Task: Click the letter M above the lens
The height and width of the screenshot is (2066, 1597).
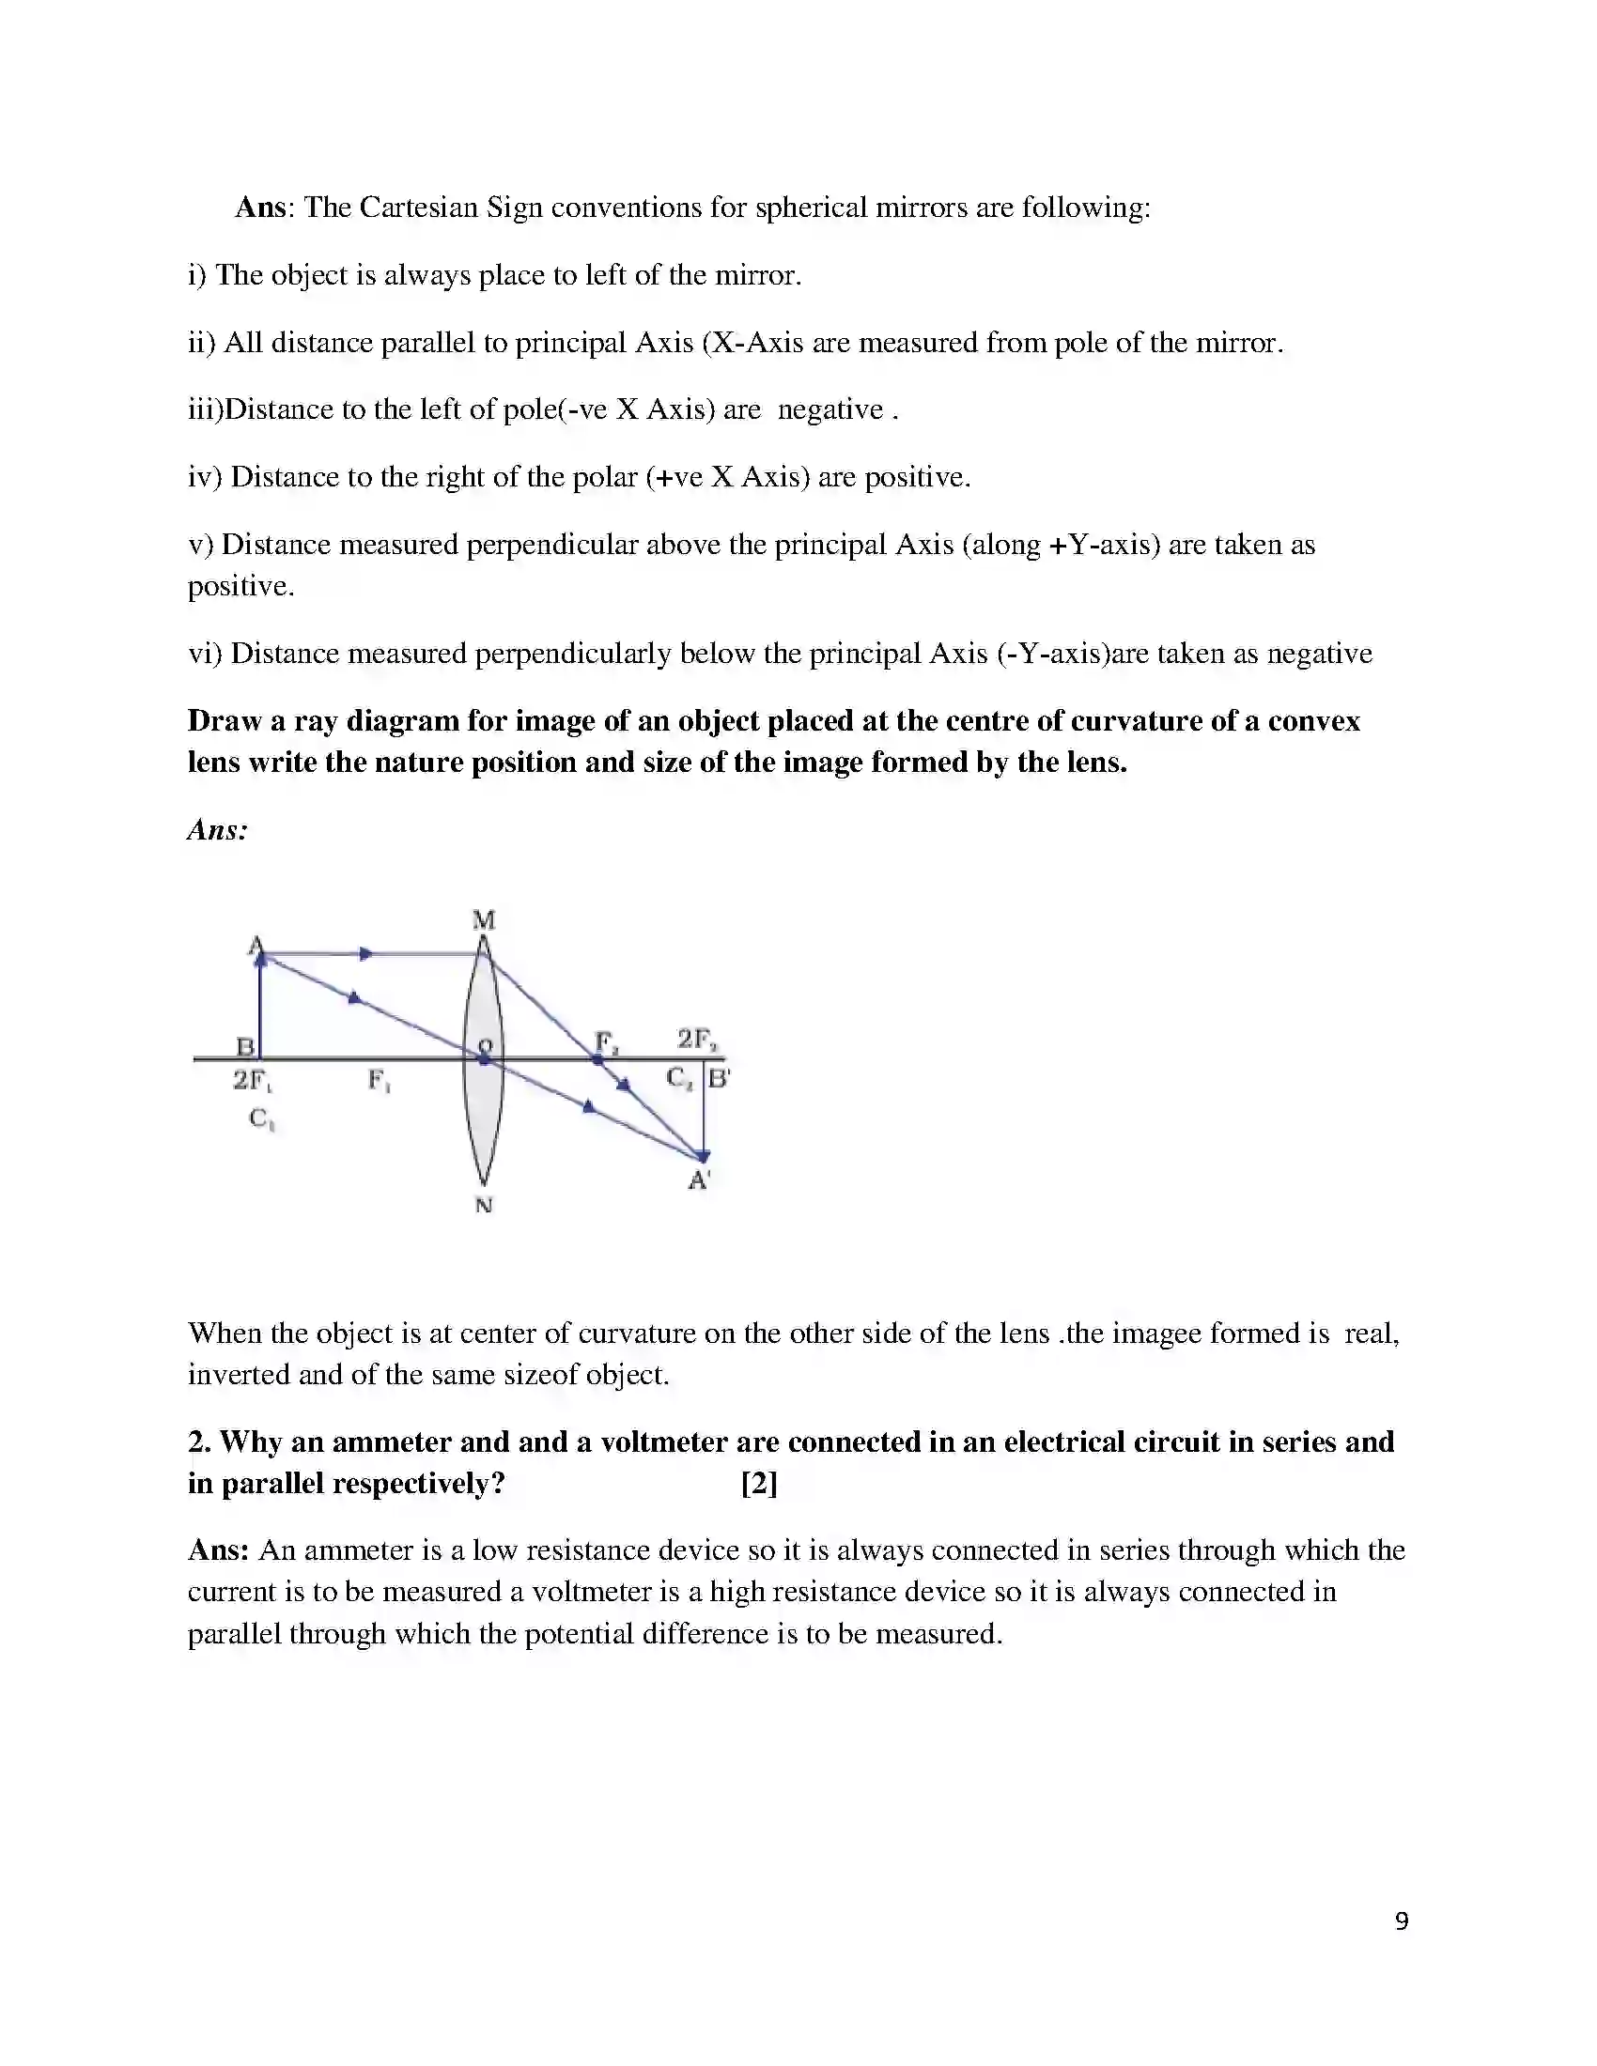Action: point(484,919)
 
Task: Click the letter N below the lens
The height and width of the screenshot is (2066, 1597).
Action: point(484,1205)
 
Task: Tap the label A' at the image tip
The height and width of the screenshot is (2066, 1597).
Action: point(699,1179)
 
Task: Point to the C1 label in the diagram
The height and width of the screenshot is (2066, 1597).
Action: point(261,1119)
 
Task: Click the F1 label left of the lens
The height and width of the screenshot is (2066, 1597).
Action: point(380,1080)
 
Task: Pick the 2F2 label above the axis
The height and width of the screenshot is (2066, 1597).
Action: point(697,1040)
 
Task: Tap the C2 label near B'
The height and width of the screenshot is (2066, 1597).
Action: point(679,1077)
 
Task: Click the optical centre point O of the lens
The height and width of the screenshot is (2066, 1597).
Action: point(485,1058)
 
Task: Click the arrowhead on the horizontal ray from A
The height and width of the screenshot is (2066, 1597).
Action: point(366,953)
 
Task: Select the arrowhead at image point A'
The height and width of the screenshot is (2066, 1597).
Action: point(703,1156)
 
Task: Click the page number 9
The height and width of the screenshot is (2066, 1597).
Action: point(1402,1921)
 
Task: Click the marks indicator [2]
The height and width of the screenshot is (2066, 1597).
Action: point(759,1482)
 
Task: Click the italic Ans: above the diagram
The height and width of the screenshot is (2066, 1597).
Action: point(218,829)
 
